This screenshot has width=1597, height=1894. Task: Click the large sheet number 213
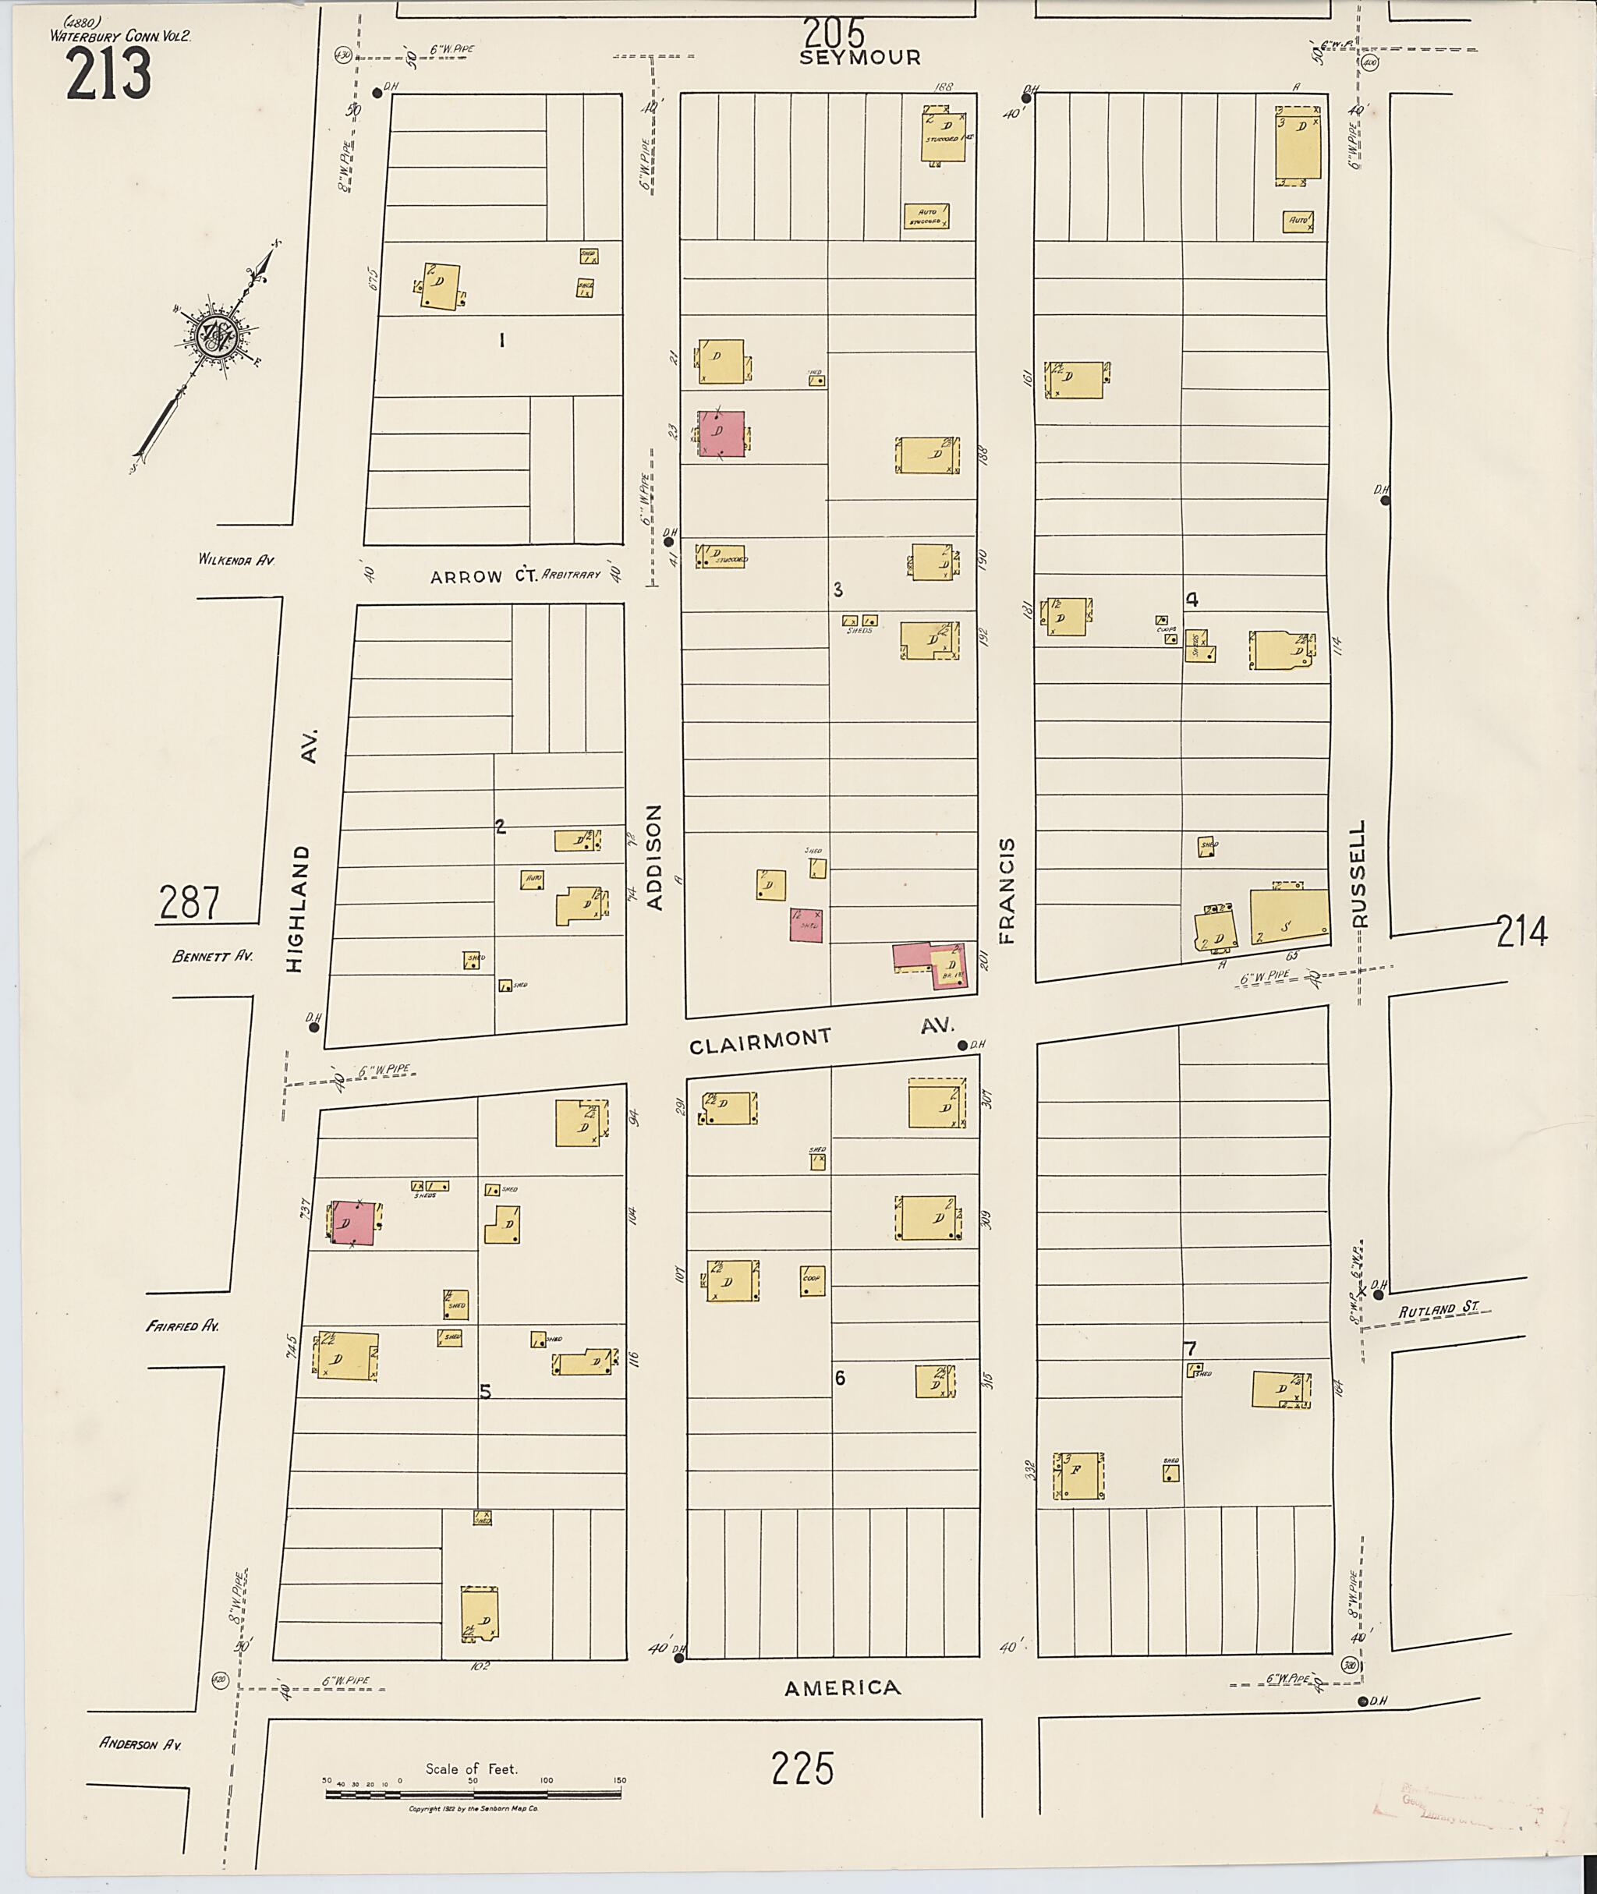click(x=108, y=74)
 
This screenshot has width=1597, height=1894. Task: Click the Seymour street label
click(x=859, y=57)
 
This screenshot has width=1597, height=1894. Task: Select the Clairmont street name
click(x=760, y=1041)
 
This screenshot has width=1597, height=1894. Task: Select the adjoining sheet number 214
click(x=1522, y=931)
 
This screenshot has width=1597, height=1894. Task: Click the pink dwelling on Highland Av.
click(x=353, y=1224)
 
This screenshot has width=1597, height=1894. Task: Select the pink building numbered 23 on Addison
click(x=721, y=434)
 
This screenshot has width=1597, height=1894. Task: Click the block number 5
click(x=485, y=1393)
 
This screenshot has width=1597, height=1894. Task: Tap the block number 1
click(x=501, y=341)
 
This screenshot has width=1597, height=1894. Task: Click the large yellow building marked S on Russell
click(x=1288, y=918)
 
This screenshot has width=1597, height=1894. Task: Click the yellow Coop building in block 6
click(x=812, y=1280)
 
